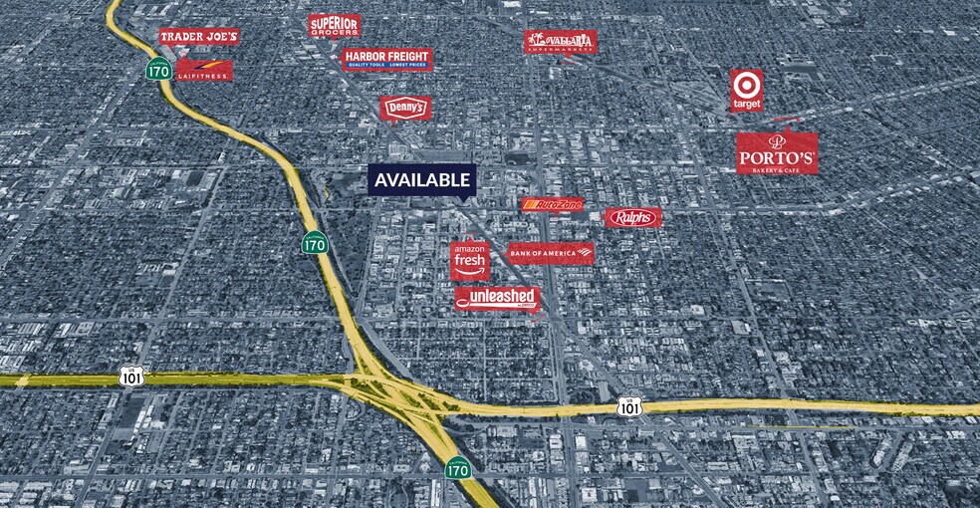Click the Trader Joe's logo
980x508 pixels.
coord(199,37)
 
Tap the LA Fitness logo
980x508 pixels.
coord(204,70)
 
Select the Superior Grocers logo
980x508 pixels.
coord(334,26)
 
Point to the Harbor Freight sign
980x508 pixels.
coord(387,59)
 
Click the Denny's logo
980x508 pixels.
coord(405,107)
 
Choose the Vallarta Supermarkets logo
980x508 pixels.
coord(561,41)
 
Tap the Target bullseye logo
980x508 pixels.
coord(746,90)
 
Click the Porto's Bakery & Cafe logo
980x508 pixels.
coord(778,152)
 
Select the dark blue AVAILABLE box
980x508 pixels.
coord(422,179)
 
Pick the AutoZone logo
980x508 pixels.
coord(553,205)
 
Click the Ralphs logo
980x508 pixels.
coord(632,217)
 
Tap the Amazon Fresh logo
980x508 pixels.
coord(469,260)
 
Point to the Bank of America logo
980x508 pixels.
coord(551,253)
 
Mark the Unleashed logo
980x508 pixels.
coord(497,298)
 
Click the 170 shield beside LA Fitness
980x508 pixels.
coord(157,69)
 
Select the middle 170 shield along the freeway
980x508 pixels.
coord(315,244)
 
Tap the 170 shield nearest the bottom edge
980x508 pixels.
coord(457,467)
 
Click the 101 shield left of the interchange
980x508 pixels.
coord(130,376)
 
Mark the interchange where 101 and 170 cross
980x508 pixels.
coord(398,390)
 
